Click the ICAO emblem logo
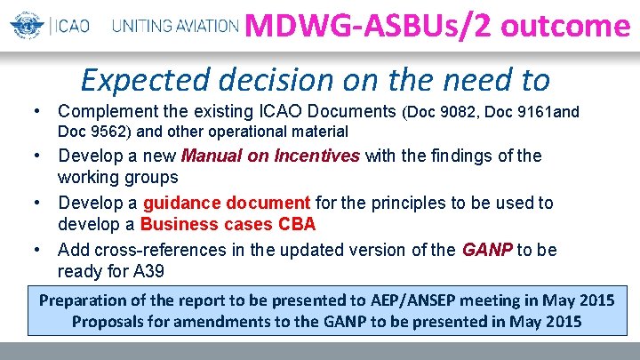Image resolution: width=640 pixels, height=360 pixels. (x=26, y=25)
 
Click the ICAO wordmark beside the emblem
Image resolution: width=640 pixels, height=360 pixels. (x=68, y=26)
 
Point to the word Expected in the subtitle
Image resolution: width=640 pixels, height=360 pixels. (x=136, y=80)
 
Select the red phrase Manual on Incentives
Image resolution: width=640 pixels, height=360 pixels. (x=270, y=156)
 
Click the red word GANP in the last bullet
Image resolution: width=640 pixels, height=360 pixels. (x=487, y=250)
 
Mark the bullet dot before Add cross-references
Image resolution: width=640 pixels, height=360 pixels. (x=36, y=250)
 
